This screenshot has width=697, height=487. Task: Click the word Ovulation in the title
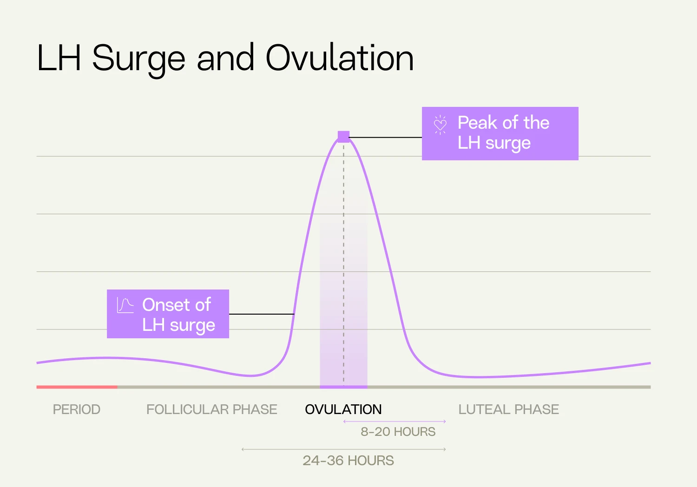point(339,58)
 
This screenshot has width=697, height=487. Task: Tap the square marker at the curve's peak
point(343,137)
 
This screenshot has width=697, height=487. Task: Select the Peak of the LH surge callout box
point(500,133)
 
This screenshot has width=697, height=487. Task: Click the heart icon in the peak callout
point(440,125)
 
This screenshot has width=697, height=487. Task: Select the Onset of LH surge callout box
point(168,314)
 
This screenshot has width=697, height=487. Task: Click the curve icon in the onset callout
point(125,305)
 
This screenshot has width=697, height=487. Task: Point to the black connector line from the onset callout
point(262,314)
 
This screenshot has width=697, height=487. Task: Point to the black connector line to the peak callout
point(385,138)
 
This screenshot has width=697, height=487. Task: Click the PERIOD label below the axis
point(77,409)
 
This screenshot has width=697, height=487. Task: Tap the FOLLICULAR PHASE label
point(211,409)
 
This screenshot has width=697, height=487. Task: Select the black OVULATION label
point(343,409)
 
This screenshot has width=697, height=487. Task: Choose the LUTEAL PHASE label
point(508,409)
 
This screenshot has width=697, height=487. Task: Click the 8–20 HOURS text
point(398,432)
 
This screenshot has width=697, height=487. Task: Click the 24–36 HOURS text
point(348,461)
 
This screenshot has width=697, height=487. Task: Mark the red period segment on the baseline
point(77,387)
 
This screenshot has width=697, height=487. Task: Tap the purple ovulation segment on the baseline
point(343,387)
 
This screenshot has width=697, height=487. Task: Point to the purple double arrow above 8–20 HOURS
point(395,421)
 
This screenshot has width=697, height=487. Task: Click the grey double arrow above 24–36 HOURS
point(343,449)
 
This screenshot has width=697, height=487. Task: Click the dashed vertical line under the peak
point(344,260)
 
